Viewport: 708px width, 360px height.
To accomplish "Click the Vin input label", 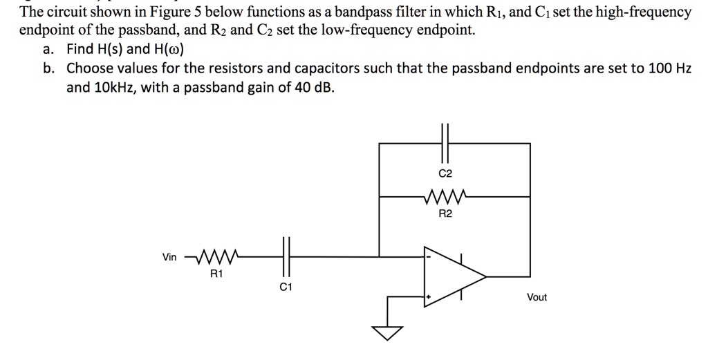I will (169, 257).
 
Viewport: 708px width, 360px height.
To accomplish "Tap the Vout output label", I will (537, 297).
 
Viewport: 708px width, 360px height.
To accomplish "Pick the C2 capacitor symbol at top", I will (445, 143).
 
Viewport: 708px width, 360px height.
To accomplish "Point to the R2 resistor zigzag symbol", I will (445, 196).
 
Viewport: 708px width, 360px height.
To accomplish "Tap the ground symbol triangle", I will (389, 334).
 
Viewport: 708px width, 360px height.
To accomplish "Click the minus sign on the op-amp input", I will (429, 256).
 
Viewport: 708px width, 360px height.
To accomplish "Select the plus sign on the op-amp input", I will (429, 297).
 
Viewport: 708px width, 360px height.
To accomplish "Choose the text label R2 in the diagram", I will (445, 214).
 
